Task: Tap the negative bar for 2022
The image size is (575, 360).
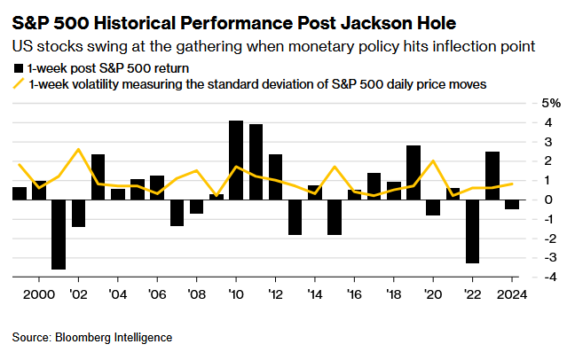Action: (472, 231)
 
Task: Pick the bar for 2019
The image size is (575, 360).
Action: (414, 172)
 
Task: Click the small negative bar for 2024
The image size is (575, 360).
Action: (512, 204)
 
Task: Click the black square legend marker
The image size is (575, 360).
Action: (19, 68)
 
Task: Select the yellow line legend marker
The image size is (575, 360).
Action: (19, 84)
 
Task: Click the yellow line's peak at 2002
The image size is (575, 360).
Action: (78, 150)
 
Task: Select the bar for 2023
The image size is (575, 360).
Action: (492, 176)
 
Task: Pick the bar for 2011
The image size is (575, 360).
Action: (256, 161)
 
